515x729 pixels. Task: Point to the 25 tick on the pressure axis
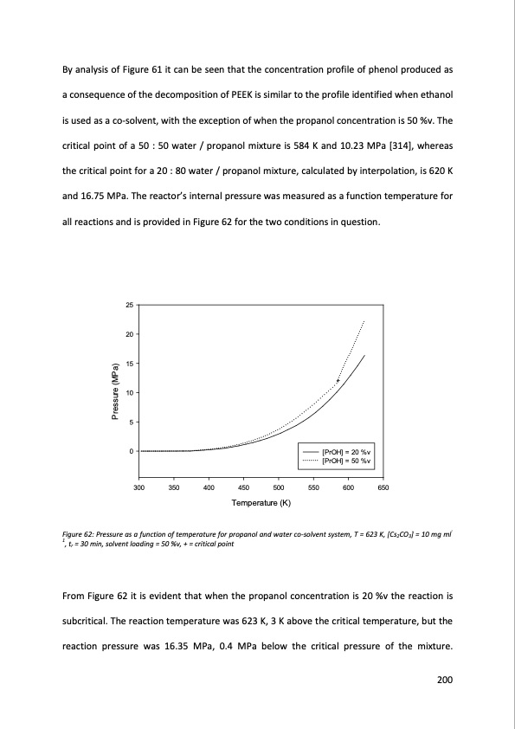click(x=130, y=306)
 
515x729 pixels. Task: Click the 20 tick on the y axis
click(x=130, y=335)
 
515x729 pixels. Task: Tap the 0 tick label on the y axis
click(x=132, y=451)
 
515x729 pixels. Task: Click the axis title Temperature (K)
click(x=261, y=503)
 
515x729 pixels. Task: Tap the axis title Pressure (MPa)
click(x=113, y=390)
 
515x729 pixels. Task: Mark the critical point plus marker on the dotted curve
click(x=338, y=381)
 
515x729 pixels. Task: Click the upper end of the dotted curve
click(x=364, y=320)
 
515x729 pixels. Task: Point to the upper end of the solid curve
click(x=365, y=355)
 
